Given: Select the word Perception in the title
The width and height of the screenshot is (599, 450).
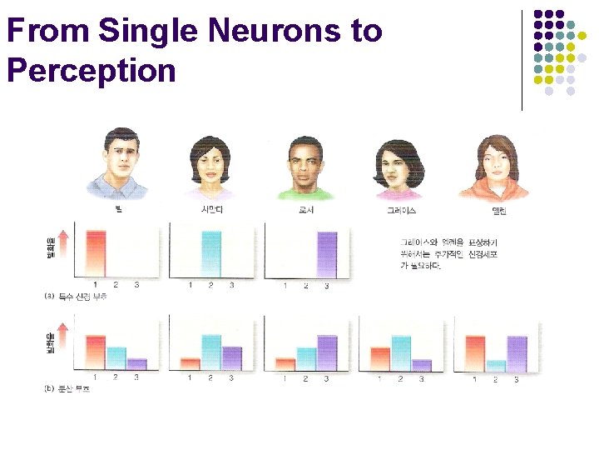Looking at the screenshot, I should point(91,70).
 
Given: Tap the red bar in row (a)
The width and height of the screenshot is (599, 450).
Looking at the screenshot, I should point(95,253).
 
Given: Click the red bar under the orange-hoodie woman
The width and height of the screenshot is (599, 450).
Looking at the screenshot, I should point(475,352).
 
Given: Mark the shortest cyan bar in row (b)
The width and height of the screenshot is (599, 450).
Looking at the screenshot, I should point(496,365).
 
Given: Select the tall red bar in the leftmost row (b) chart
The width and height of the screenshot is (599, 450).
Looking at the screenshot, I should point(95,352).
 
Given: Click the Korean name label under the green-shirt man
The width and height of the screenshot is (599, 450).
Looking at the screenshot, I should point(305,211).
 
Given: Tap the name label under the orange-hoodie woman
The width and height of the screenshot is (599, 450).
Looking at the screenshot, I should point(500,211).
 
